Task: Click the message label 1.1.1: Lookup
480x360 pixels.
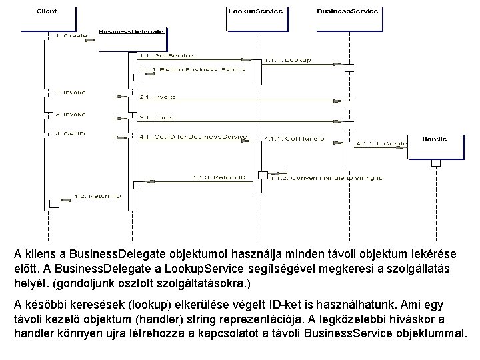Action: tap(288, 61)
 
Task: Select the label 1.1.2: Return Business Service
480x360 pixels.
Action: tap(192, 69)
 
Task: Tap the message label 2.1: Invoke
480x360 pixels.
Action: tap(158, 97)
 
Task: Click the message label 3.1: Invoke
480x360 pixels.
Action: tap(158, 117)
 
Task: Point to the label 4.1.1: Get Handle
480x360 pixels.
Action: tap(294, 139)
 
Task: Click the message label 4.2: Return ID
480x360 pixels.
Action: tap(97, 196)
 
